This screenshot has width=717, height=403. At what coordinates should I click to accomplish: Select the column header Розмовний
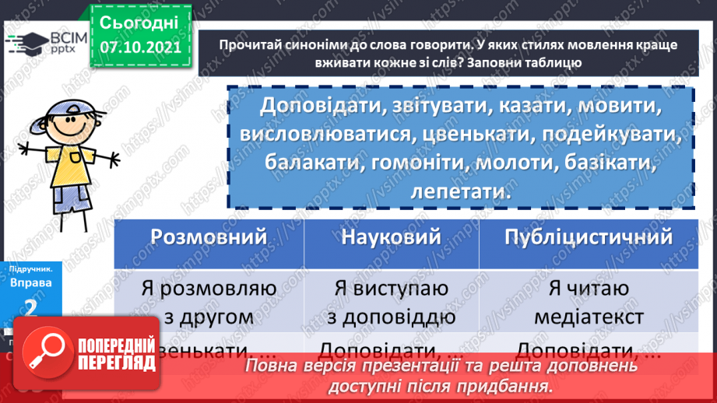click(x=209, y=237)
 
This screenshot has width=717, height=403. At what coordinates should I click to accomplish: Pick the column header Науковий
click(x=391, y=237)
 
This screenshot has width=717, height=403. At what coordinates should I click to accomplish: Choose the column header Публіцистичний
click(x=589, y=237)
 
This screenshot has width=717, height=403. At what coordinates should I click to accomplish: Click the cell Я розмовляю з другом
click(x=209, y=302)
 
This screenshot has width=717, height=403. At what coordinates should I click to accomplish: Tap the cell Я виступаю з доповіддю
click(x=391, y=302)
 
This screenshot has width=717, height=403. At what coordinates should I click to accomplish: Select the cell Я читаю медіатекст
click(x=589, y=302)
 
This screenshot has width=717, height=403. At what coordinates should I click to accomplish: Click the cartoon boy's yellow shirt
click(x=66, y=167)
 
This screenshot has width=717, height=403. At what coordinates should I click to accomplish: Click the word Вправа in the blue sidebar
click(x=31, y=283)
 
